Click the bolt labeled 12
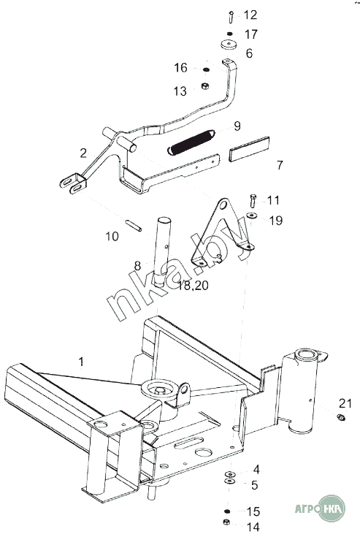[231, 17]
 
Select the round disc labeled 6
[229, 45]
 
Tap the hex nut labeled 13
[205, 85]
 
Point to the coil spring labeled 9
[191, 142]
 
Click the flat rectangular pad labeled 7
[249, 149]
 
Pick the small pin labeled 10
[133, 226]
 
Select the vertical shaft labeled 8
[163, 251]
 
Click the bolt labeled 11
[253, 201]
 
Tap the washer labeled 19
[252, 216]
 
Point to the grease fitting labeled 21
[341, 417]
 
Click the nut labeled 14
[226, 522]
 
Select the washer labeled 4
[230, 474]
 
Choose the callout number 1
[81, 362]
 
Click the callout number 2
[83, 153]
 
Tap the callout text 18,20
[193, 285]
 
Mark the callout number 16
[180, 67]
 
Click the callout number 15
[253, 511]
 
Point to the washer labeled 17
[230, 34]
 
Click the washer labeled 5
[229, 481]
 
